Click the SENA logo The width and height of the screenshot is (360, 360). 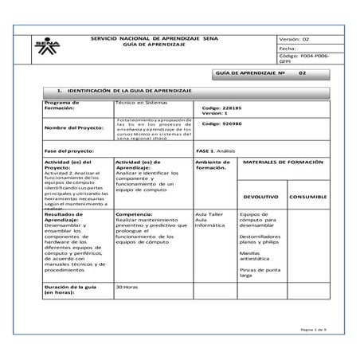46,49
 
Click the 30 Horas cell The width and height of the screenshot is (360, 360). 128,285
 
